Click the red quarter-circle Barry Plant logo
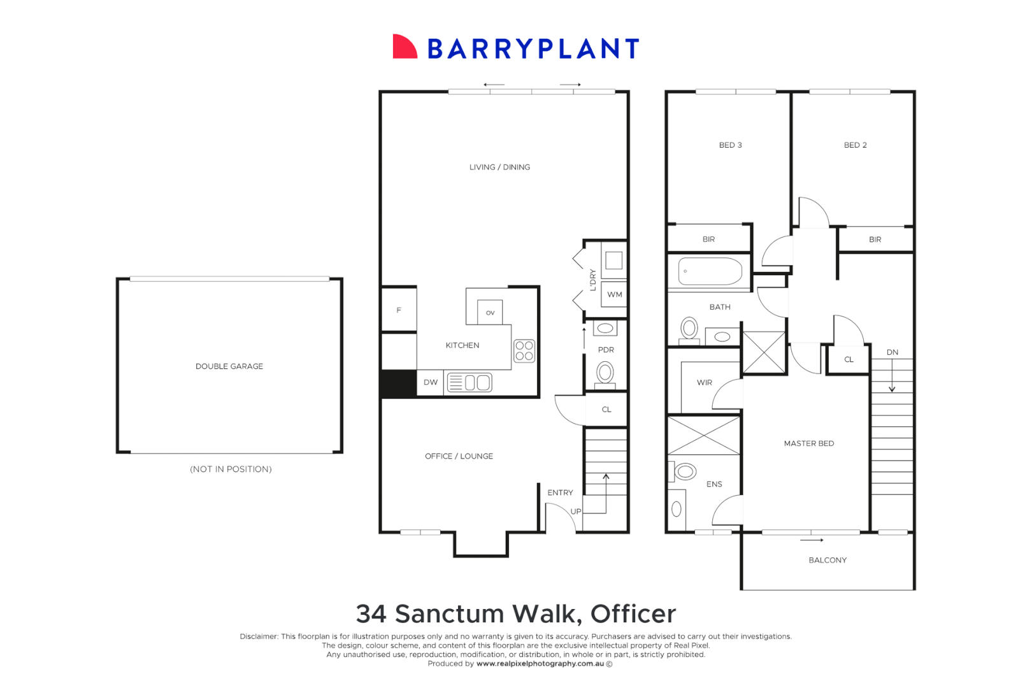coord(403,48)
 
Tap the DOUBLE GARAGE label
coord(229,366)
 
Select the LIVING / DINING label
coord(499,167)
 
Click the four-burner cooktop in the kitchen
coord(524,350)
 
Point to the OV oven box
coord(490,312)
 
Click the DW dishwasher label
coord(431,382)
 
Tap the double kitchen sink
coord(470,382)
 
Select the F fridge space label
coord(399,310)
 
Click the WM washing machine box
coord(614,294)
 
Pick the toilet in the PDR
coord(605,372)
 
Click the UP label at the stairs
coord(576,512)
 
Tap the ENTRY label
coord(560,492)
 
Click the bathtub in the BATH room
coord(710,271)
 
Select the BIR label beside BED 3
coord(708,240)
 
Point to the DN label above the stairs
coord(892,352)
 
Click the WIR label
coord(704,383)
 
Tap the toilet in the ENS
coord(685,471)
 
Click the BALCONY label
coord(828,560)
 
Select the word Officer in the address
coord(633,614)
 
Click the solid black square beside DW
coord(398,383)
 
